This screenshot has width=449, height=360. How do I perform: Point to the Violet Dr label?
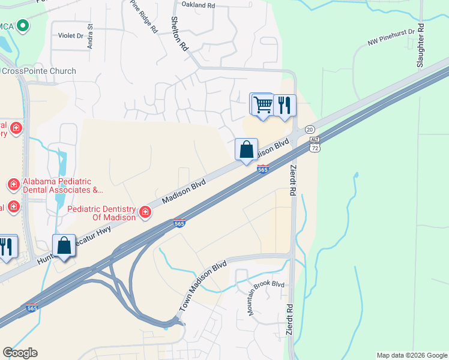pos(70,35)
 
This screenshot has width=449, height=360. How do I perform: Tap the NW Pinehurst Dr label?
pos(391,37)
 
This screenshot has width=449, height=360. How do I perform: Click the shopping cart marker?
pos(262,104)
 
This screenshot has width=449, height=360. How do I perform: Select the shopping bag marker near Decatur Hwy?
pos(64,245)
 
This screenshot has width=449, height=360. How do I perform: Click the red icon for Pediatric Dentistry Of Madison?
pos(145,212)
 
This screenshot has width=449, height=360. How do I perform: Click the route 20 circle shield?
pos(310,130)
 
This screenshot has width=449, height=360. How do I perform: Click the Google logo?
pos(20,353)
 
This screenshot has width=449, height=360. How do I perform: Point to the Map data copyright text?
pos(411,355)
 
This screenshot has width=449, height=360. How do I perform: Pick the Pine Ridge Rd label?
pos(143,16)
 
